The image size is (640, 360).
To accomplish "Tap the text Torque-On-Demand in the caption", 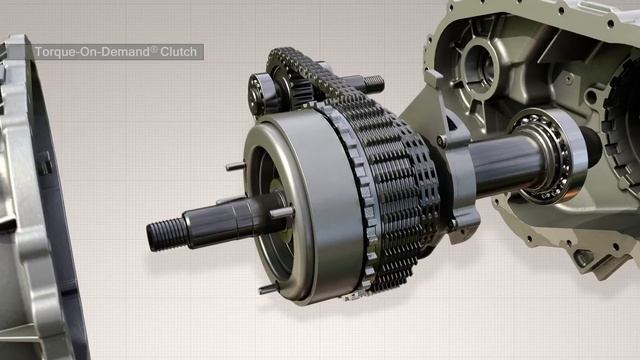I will tap(91, 51).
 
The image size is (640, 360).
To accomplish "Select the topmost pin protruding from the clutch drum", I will tap(233, 166).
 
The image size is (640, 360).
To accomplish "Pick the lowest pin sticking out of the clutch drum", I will tap(266, 289).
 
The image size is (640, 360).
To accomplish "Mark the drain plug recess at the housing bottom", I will tap(580, 258).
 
